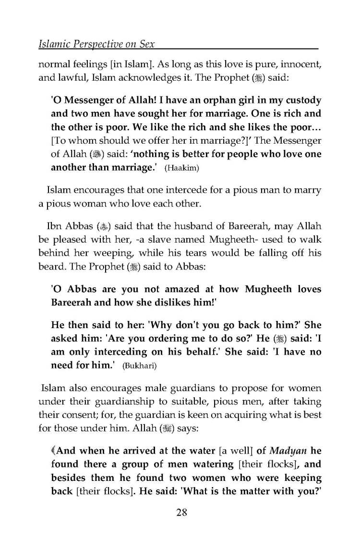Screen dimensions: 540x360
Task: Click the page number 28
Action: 181,512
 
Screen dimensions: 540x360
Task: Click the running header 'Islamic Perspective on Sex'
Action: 98,44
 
